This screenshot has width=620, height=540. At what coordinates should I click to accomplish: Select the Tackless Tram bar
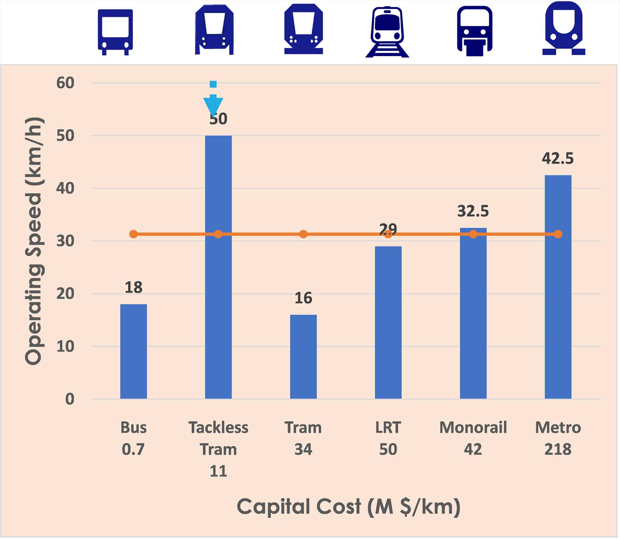tap(218, 279)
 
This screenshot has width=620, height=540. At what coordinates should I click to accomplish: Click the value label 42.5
tap(557, 159)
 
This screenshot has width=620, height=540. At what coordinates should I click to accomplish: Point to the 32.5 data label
tap(473, 211)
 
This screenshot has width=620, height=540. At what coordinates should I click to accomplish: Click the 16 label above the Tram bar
tap(303, 298)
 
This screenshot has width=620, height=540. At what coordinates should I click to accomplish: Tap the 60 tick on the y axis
tap(65, 83)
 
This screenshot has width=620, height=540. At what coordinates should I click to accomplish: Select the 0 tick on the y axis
tap(69, 399)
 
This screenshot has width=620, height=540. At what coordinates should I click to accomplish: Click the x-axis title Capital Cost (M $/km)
tap(348, 507)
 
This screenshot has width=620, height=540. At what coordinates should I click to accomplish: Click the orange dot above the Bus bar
tap(133, 234)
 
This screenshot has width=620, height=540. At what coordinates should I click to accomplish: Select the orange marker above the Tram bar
tap(303, 234)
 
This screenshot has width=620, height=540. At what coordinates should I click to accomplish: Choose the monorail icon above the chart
tap(474, 31)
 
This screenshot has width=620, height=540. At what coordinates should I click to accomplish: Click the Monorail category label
tap(473, 428)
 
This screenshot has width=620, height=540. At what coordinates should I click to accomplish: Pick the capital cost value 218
tap(558, 449)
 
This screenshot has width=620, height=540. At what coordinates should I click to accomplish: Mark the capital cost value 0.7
tap(133, 449)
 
